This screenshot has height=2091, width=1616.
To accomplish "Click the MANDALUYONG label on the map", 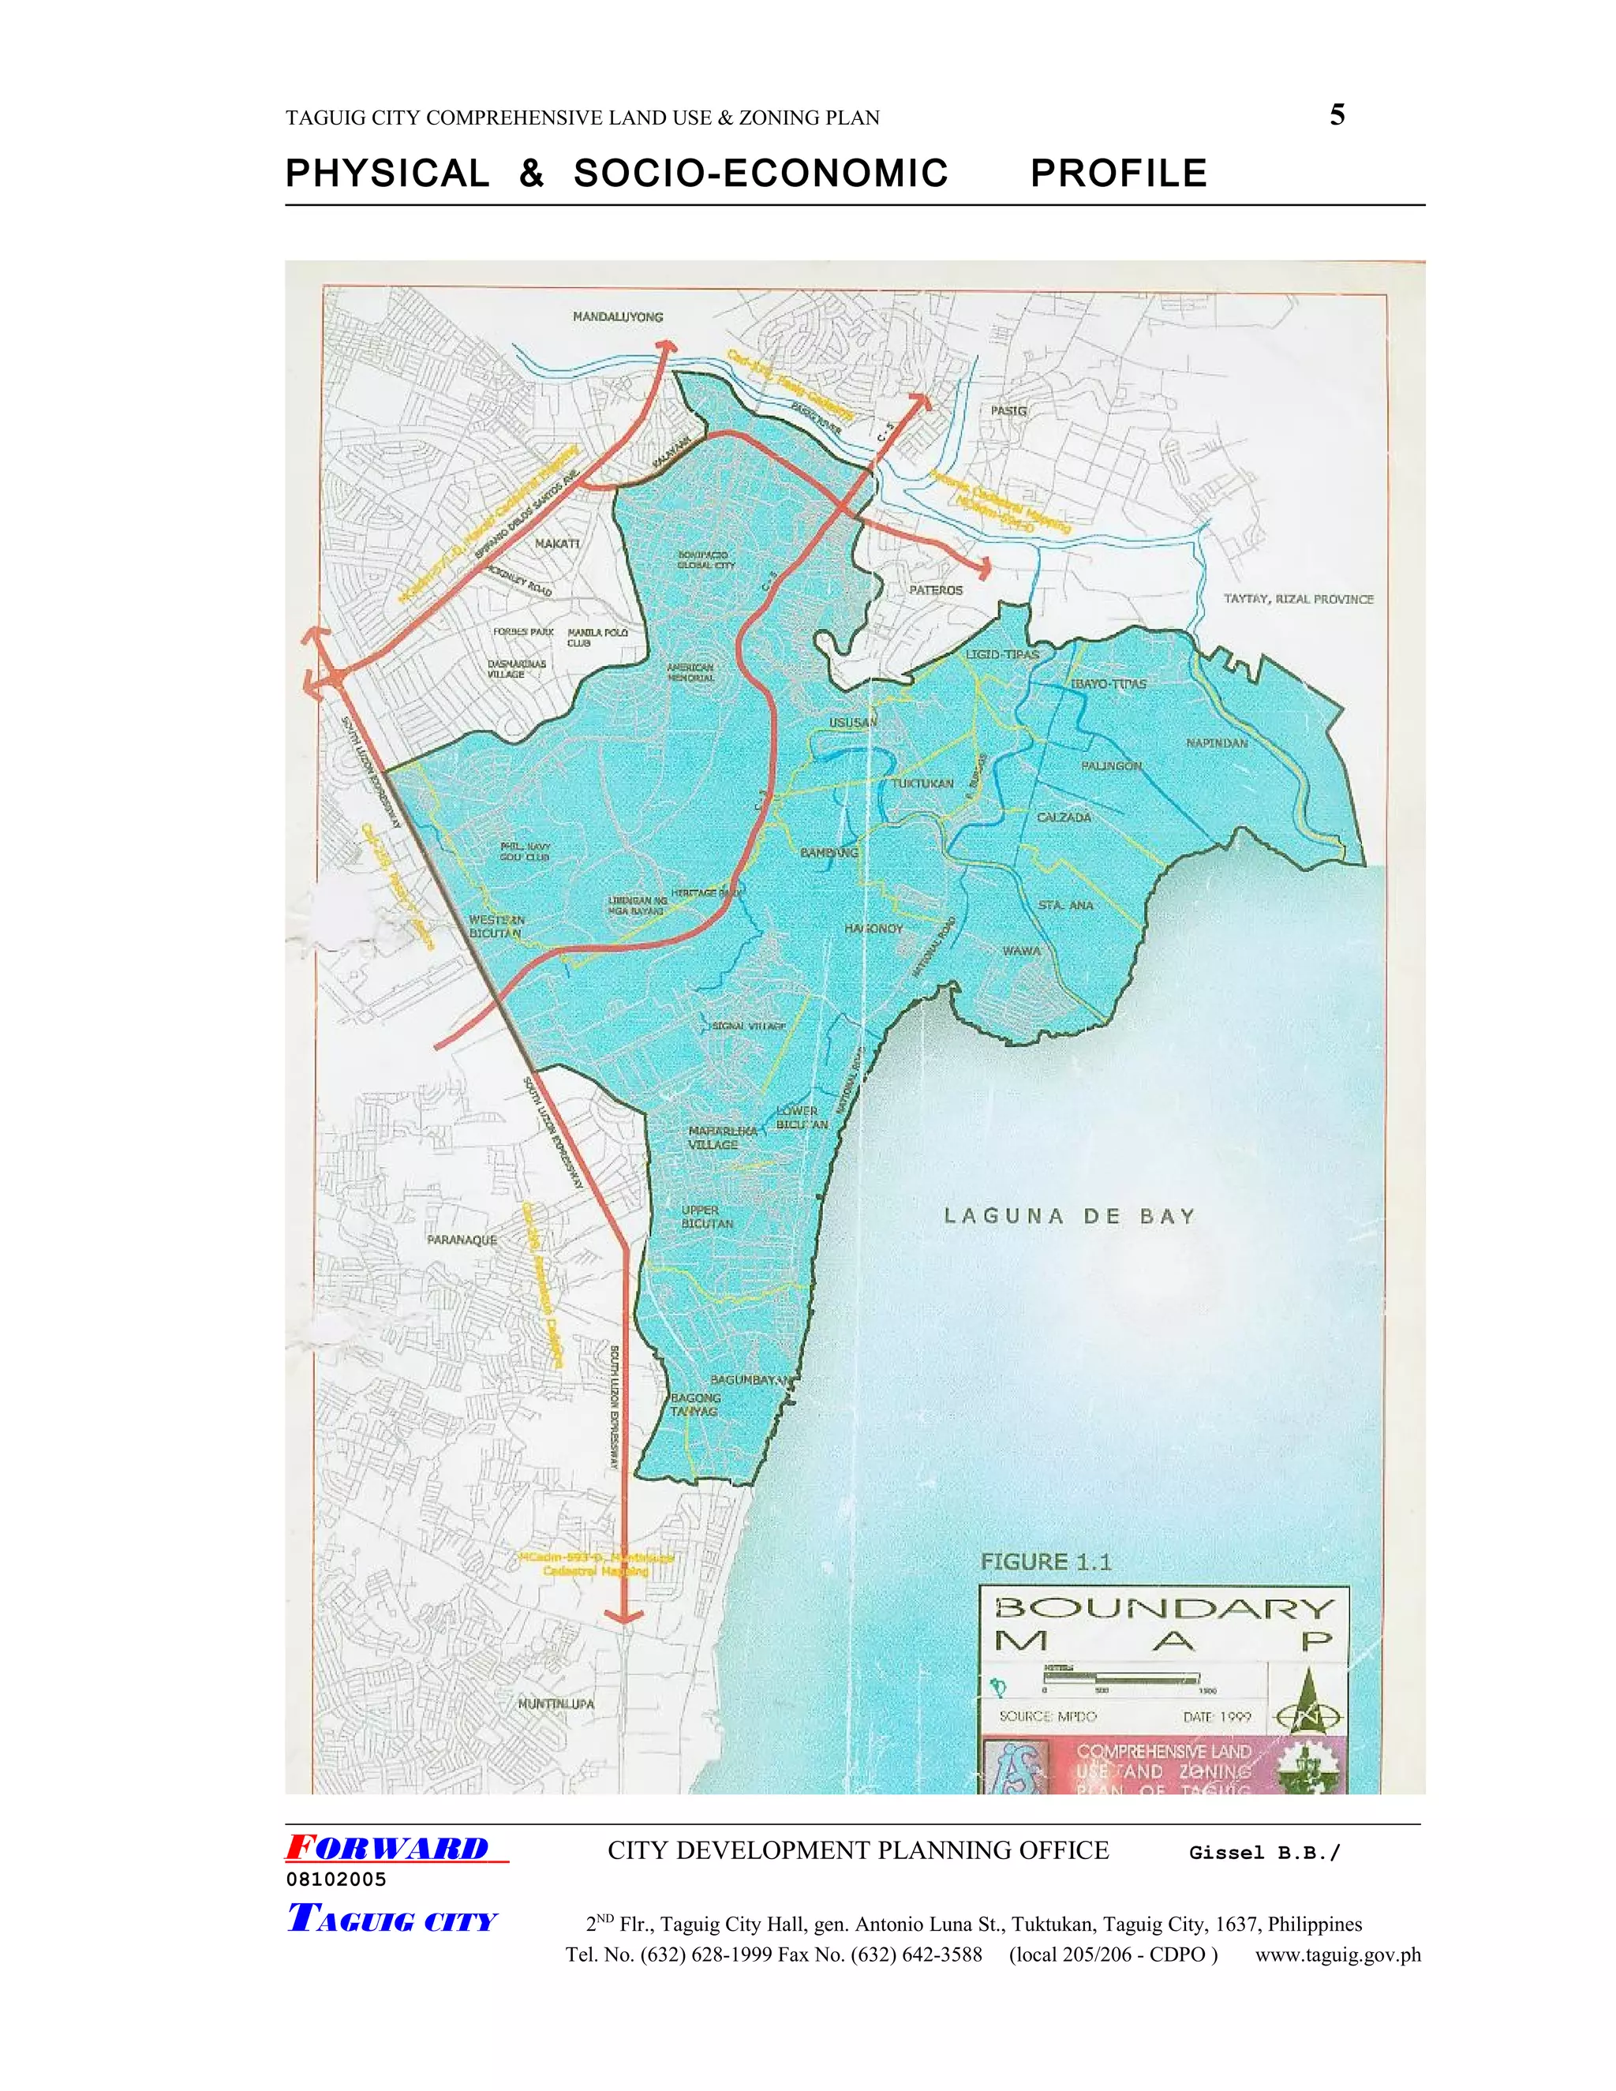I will pyautogui.click(x=618, y=317).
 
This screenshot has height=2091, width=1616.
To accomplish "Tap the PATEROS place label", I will pyautogui.click(x=935, y=591).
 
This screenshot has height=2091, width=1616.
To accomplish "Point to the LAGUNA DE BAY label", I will pyautogui.click(x=1069, y=1217).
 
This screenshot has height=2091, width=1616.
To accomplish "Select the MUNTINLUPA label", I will pyautogui.click(x=555, y=1704).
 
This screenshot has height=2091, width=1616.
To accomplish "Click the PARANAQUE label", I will pyautogui.click(x=462, y=1240).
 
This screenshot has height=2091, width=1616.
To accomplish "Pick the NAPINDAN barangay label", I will pyautogui.click(x=1217, y=743).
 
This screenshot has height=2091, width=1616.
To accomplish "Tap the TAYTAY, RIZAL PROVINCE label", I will pyautogui.click(x=1298, y=600).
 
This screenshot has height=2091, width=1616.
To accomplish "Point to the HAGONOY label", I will pyautogui.click(x=873, y=929).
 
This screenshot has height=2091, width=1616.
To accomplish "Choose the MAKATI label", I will pyautogui.click(x=557, y=544).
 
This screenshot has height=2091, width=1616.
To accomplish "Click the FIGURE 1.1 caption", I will pyautogui.click(x=1046, y=1562).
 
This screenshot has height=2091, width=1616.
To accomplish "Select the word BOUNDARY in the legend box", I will pyautogui.click(x=1164, y=1607).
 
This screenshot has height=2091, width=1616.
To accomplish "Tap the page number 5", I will pyautogui.click(x=1337, y=116).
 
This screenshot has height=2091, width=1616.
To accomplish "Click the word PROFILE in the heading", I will pyautogui.click(x=1118, y=174).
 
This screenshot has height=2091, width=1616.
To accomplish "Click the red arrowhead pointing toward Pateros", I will pyautogui.click(x=982, y=570).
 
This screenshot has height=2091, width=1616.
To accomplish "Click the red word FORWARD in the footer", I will pyautogui.click(x=387, y=1849).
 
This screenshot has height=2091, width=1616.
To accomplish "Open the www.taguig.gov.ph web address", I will pyautogui.click(x=1337, y=1955).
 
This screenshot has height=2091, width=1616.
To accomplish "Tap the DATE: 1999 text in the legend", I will pyautogui.click(x=1217, y=1717).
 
